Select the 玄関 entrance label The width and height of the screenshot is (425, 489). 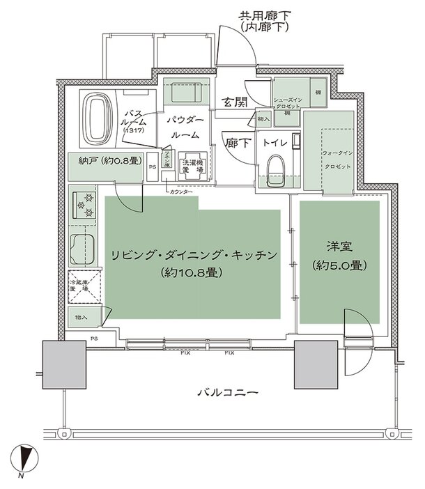234,103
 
